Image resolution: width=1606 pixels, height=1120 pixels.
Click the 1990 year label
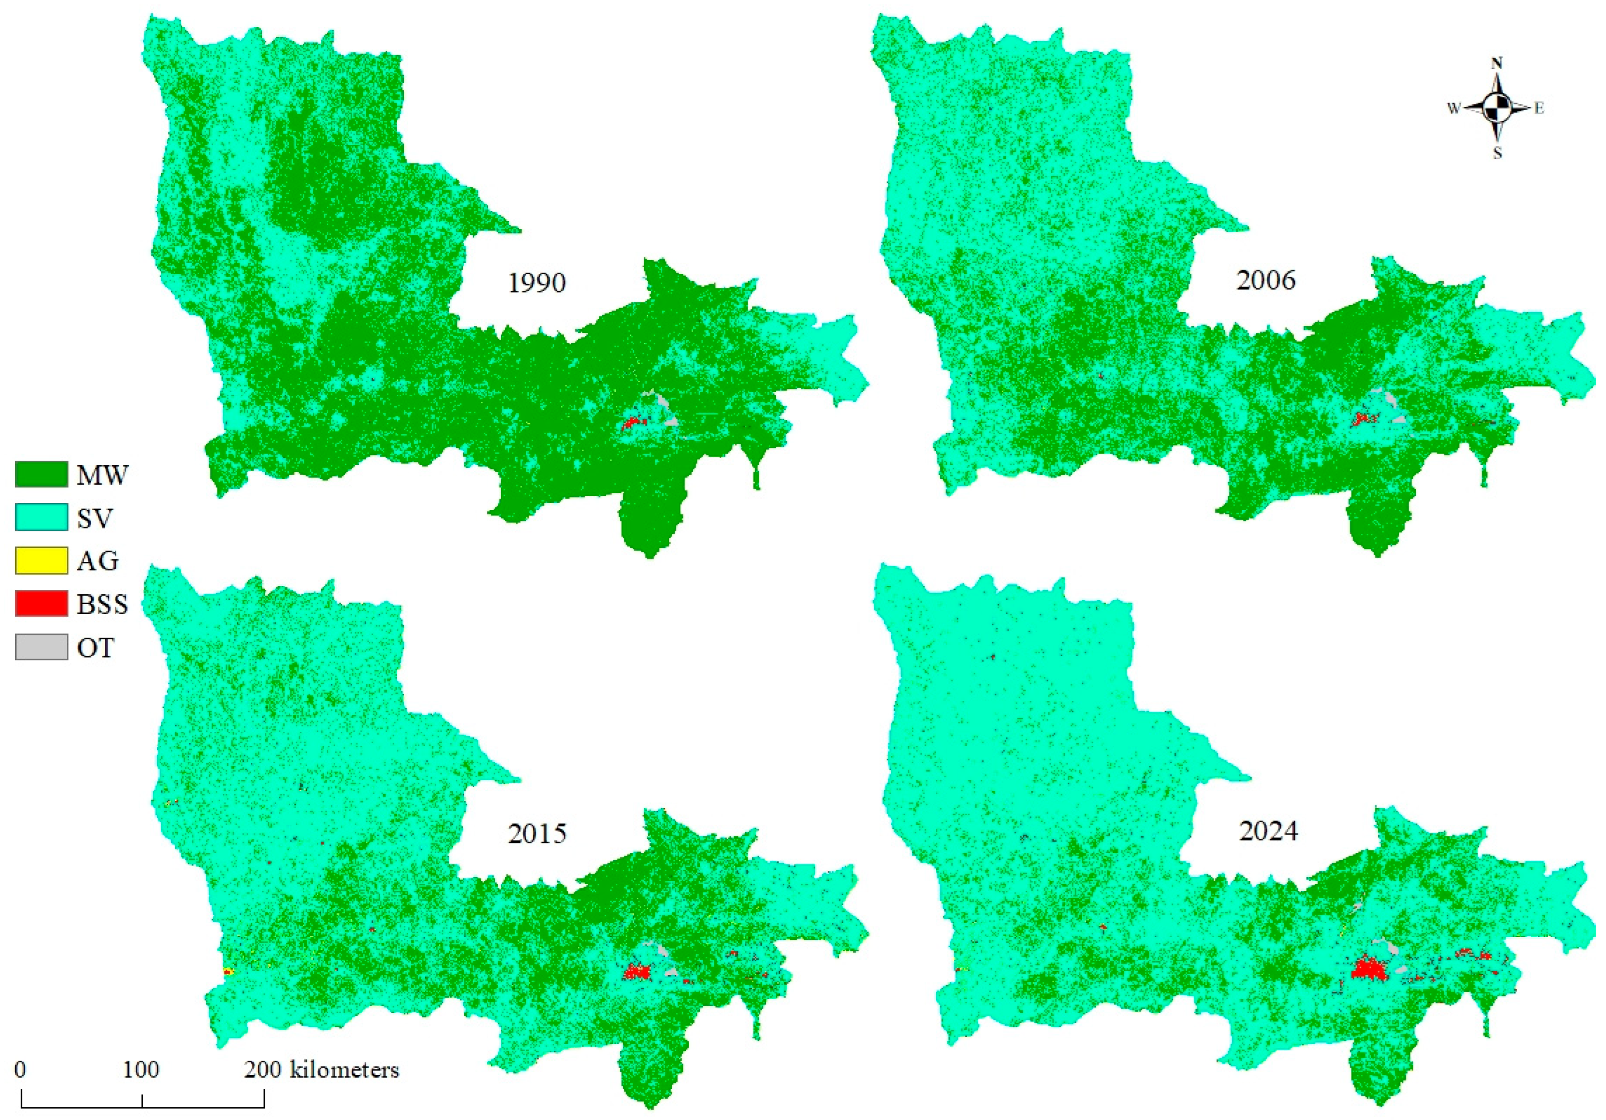(537, 283)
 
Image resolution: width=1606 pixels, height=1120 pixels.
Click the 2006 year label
(1266, 280)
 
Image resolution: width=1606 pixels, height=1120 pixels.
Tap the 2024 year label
(1268, 831)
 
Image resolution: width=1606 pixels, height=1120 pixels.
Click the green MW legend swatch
(41, 474)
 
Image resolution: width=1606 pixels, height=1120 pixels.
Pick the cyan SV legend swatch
(41, 518)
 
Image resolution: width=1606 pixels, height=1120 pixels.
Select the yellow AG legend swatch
(41, 560)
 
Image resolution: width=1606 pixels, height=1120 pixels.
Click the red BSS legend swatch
(41, 604)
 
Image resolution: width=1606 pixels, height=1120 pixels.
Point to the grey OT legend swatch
(41, 647)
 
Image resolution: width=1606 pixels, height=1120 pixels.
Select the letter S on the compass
(1498, 154)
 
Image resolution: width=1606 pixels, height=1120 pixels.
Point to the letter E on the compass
(1539, 108)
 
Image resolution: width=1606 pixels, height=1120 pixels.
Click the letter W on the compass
(1454, 108)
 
